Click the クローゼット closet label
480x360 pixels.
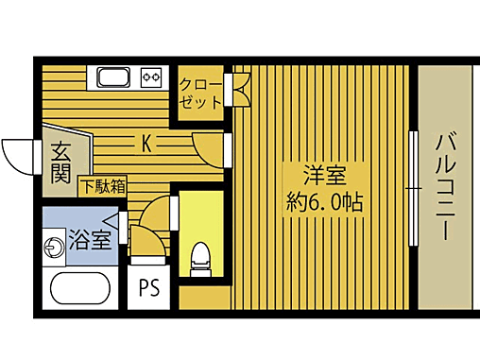point(200,92)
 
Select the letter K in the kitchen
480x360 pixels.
point(147,144)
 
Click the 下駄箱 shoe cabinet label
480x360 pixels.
point(103,186)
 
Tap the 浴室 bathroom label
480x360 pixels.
point(92,239)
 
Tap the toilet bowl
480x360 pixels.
point(199,258)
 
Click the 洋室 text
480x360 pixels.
point(323,175)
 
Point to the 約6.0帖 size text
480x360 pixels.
point(324,201)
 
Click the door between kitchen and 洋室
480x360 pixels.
point(210,146)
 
